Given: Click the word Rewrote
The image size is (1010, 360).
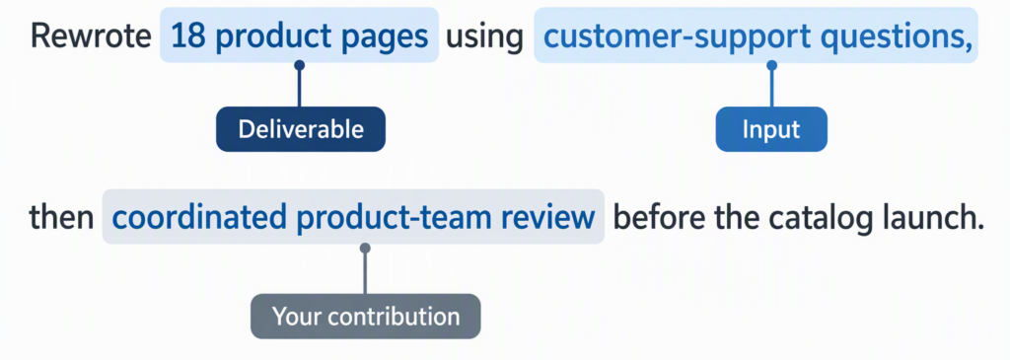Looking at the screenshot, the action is tap(91, 37).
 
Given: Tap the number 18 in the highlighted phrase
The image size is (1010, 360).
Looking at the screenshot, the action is tap(187, 37).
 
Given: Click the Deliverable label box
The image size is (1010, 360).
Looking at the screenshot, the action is tap(300, 129).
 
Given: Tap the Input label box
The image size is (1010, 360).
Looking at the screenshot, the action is tap(771, 129).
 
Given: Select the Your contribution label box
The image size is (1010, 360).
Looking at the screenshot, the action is tap(365, 317).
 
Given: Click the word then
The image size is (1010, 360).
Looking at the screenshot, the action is tap(61, 218).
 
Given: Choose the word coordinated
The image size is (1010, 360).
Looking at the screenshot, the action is tap(200, 218).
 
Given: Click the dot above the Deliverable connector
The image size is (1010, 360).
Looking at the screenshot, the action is tap(299, 65).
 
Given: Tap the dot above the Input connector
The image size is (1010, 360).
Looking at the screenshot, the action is tap(771, 65).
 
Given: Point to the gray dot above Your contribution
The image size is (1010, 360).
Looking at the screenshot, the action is tap(365, 248).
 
